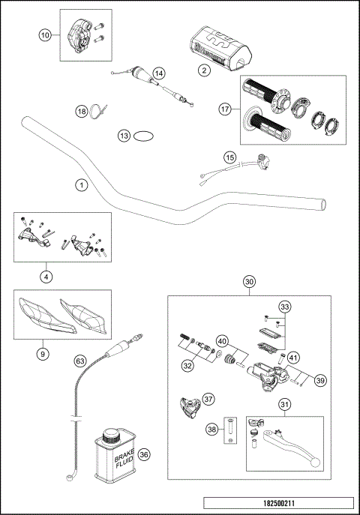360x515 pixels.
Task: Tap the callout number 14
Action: [x=158, y=73]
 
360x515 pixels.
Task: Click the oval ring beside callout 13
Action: [x=145, y=136]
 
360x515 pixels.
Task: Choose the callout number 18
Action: [x=82, y=111]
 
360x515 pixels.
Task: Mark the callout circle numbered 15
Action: [x=229, y=157]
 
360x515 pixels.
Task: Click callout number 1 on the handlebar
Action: [x=81, y=184]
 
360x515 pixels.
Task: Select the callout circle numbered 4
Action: [x=46, y=276]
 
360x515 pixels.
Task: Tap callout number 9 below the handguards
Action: [x=43, y=353]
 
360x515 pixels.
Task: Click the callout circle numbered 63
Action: [x=80, y=361]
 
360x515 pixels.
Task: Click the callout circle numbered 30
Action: [x=249, y=282]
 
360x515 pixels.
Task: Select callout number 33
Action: [x=284, y=307]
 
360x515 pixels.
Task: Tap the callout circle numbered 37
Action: [x=208, y=399]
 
